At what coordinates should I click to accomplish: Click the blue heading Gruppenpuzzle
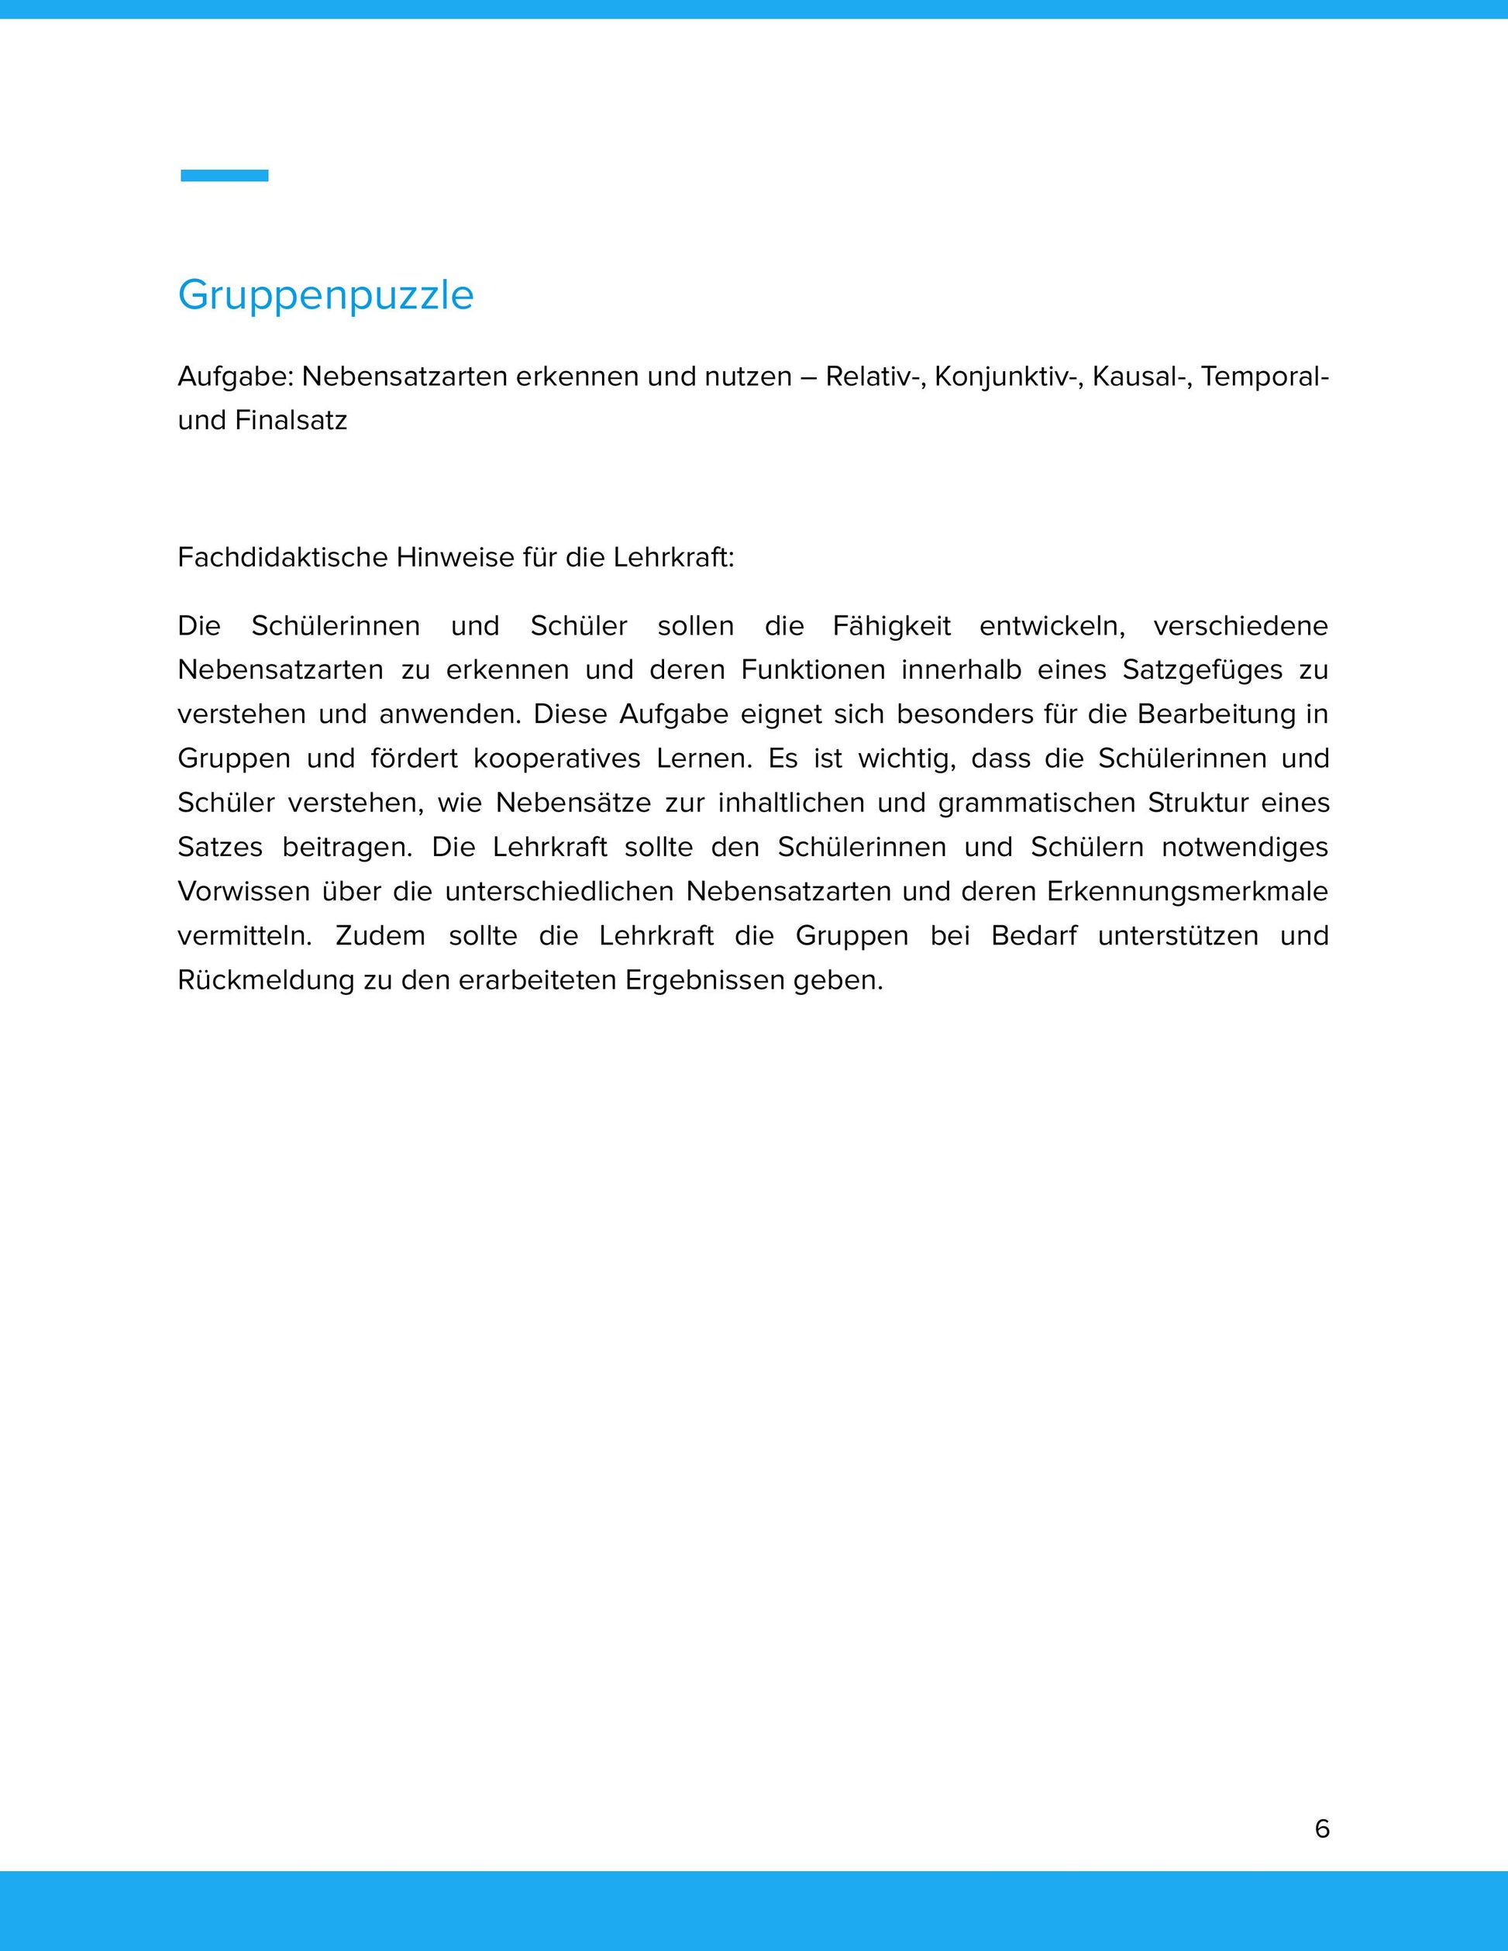[x=325, y=294]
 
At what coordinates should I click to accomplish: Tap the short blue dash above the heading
[x=224, y=176]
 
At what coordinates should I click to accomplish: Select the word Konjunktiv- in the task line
[x=1006, y=377]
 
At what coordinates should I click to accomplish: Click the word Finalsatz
[x=291, y=421]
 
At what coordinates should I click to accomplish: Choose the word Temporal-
[x=1265, y=377]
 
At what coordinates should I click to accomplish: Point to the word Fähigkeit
[x=892, y=626]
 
